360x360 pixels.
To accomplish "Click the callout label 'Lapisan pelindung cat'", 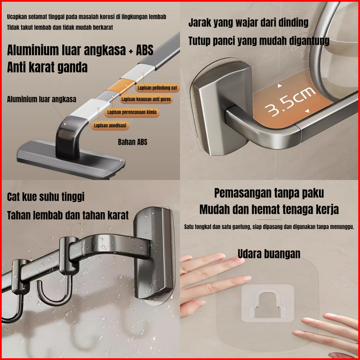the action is tap(157, 88).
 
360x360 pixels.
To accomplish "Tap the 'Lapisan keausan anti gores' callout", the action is tap(146, 99).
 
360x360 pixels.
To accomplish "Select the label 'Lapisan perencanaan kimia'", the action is tap(132, 112).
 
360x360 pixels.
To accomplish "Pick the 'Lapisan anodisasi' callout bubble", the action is tap(110, 126).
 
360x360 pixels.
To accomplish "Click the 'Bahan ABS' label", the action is tap(132, 142).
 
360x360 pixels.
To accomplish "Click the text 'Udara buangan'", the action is tap(269, 254).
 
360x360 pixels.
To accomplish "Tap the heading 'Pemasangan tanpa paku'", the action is tap(269, 193).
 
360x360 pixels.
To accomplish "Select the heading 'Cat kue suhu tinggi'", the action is tap(46, 197).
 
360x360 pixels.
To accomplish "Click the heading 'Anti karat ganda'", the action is tap(47, 67).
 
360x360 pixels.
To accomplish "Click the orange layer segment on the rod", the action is tap(121, 86).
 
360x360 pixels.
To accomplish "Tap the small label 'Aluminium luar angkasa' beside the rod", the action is tap(41, 99).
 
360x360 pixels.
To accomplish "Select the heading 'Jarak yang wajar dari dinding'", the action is tap(248, 23).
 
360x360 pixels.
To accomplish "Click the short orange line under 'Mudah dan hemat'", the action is tap(269, 219).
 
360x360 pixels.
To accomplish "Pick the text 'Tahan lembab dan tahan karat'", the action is tap(68, 216).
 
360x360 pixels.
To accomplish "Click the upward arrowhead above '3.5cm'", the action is tap(280, 86).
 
